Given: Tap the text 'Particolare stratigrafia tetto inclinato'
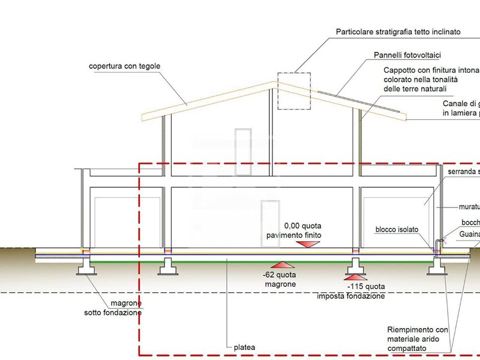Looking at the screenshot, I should click(398, 32).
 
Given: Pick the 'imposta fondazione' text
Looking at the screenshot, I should click(350, 296).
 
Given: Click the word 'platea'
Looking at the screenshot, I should click(243, 347).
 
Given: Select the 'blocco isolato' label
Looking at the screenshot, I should click(397, 229).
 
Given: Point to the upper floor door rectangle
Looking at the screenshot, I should click(242, 145).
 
